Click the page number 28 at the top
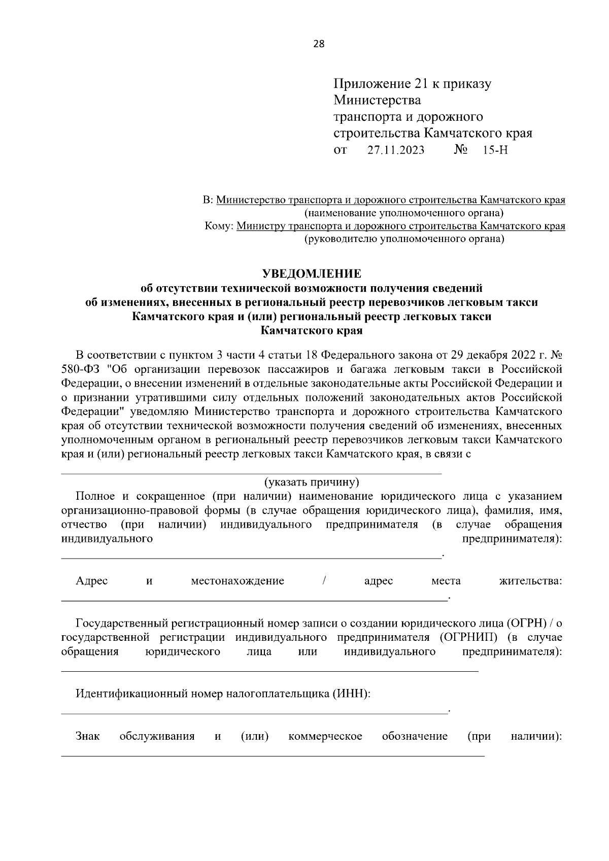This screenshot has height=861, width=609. click(x=319, y=44)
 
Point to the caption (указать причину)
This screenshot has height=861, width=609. click(x=311, y=481)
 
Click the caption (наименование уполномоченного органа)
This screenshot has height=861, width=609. click(x=403, y=213)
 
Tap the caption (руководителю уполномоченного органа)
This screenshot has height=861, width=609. click(x=403, y=238)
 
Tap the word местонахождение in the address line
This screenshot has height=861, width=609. click(x=237, y=581)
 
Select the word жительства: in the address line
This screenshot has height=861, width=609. click(x=530, y=581)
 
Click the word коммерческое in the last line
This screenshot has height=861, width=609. click(x=325, y=736)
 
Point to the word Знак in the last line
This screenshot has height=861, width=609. click(x=88, y=736)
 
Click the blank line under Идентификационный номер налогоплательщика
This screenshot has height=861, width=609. click(x=254, y=713)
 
